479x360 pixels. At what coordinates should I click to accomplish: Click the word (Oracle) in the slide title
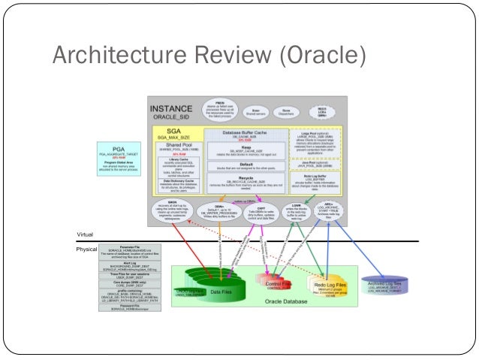click(x=319, y=56)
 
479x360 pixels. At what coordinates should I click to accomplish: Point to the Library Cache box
click(x=179, y=160)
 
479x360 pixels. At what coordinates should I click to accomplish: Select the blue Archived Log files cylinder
click(x=388, y=284)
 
